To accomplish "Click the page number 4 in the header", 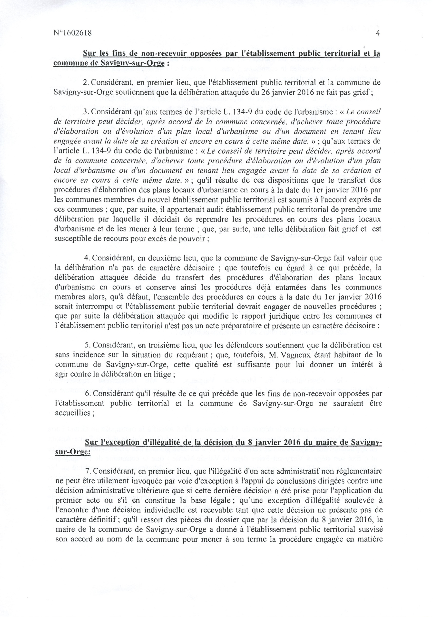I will (378, 33).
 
